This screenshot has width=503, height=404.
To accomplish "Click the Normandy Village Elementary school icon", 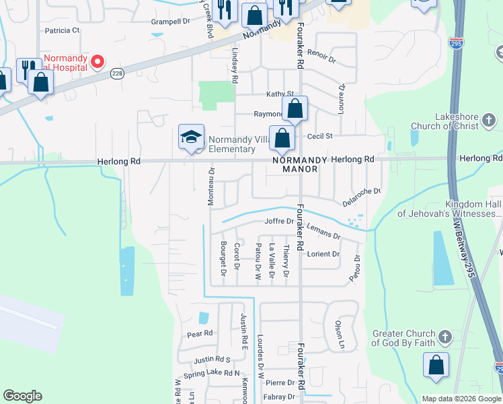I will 191,137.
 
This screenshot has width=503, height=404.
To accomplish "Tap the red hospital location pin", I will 98,63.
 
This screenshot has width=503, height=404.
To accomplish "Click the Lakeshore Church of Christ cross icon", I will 490,121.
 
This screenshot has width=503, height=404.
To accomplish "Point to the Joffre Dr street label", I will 279,221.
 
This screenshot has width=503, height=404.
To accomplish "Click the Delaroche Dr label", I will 361,196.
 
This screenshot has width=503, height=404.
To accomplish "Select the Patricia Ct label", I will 62,30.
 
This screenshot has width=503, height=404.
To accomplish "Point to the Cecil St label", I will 320,136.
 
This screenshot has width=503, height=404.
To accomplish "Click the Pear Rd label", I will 200,333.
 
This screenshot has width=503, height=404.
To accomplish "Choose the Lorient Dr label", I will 323,255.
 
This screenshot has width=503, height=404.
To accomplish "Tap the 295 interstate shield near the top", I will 455,42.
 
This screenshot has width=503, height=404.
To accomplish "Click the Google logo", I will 22,396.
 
